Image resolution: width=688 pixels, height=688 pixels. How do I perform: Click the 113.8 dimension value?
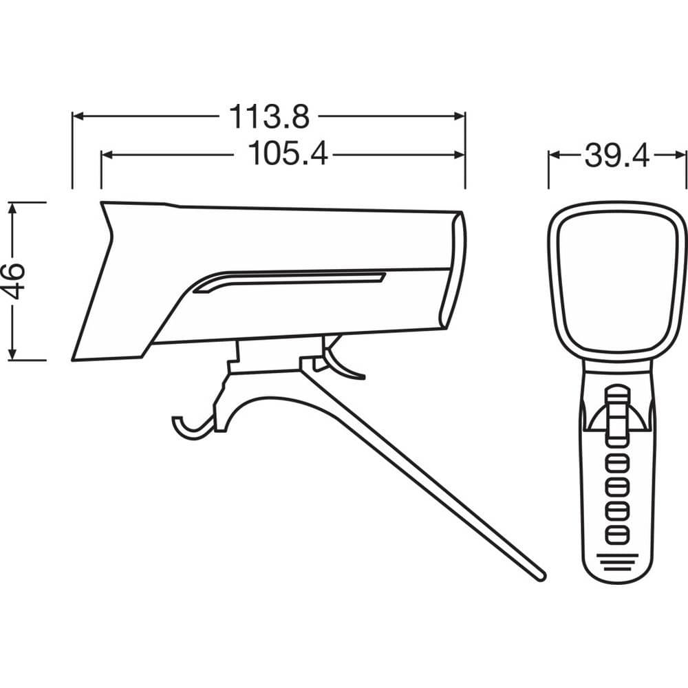click(269, 117)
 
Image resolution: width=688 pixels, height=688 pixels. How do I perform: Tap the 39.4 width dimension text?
click(617, 155)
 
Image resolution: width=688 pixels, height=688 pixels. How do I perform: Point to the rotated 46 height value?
click(16, 281)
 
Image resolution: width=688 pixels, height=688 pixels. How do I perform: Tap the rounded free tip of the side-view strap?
click(540, 574)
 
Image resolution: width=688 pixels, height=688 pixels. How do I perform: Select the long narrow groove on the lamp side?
click(289, 281)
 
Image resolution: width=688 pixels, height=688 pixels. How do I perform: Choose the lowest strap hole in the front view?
click(617, 533)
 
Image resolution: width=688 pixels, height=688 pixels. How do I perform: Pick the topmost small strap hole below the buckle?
click(617, 462)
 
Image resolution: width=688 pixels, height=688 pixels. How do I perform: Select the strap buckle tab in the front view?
click(617, 413)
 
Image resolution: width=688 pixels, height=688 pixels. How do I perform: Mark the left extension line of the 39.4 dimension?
click(548, 169)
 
